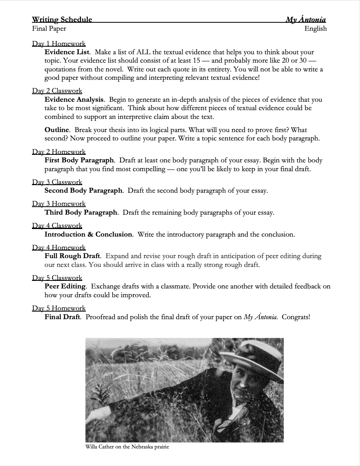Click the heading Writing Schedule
(x=62, y=20)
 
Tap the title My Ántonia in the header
(x=306, y=20)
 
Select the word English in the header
(x=315, y=28)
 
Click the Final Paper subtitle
(x=49, y=28)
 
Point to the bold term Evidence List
(x=67, y=52)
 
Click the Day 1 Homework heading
(x=59, y=43)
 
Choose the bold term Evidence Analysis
(x=74, y=100)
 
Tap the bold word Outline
(x=57, y=130)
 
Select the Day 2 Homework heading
(x=59, y=152)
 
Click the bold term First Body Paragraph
(x=79, y=160)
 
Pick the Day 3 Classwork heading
(x=57, y=182)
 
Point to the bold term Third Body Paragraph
(x=81, y=213)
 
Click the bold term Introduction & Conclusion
(x=88, y=235)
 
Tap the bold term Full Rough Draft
(x=72, y=256)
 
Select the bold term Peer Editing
(x=65, y=286)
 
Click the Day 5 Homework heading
(x=59, y=308)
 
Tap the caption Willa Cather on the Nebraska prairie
(x=127, y=447)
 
